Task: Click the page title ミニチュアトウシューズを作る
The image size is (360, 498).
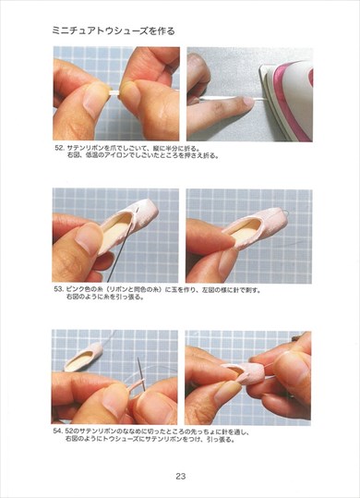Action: point(113,30)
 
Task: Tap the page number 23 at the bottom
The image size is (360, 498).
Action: point(181,477)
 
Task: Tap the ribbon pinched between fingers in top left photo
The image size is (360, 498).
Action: point(115,94)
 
